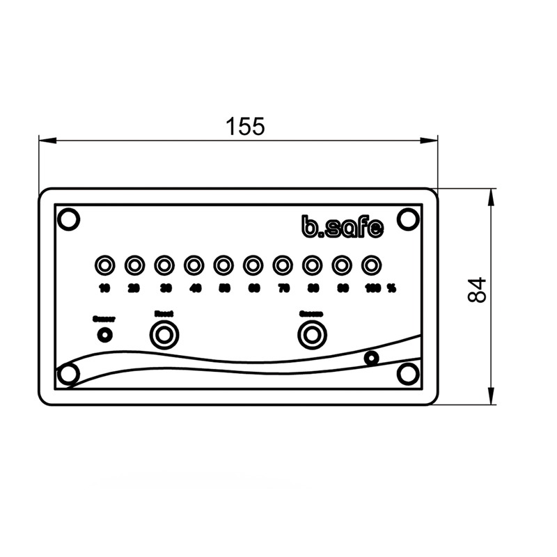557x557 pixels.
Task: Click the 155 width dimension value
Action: click(246, 127)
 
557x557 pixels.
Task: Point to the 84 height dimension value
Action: click(476, 290)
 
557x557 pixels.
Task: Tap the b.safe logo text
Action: click(341, 227)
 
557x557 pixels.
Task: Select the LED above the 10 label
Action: click(104, 265)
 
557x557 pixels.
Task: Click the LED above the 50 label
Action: click(223, 265)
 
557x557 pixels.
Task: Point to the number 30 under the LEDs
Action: click(164, 289)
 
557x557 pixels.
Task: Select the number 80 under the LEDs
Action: click(313, 289)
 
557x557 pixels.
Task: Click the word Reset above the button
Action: click(164, 314)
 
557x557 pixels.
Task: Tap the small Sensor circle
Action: click(104, 336)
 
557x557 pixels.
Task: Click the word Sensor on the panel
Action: click(104, 320)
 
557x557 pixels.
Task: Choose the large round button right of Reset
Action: click(311, 335)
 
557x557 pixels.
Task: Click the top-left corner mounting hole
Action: click(68, 219)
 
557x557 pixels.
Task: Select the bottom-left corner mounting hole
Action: click(68, 374)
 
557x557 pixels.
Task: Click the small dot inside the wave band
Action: click(372, 359)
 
